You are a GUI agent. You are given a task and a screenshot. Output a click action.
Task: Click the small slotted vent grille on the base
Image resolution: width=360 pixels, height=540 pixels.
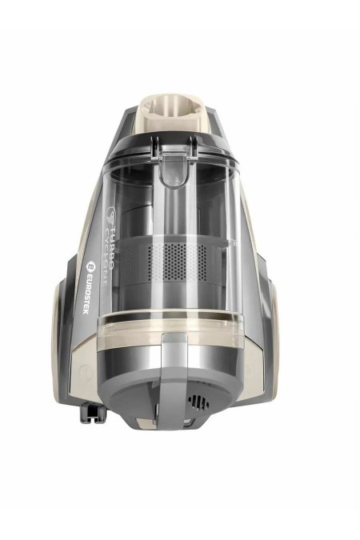pos(198,402)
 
